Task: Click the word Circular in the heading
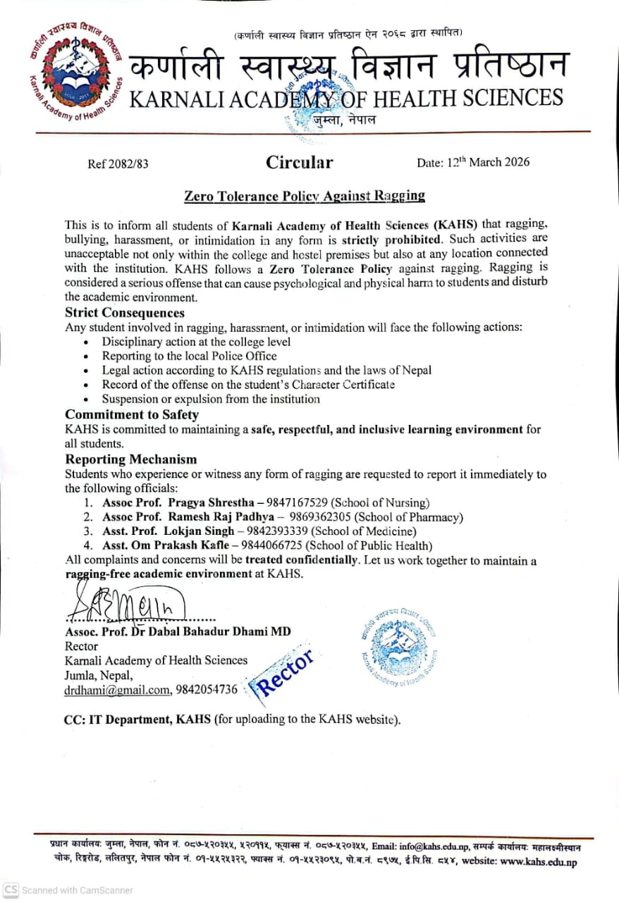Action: (x=299, y=163)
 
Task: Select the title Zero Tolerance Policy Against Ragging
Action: (x=305, y=195)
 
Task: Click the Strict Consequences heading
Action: (x=125, y=313)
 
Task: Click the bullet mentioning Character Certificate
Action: (x=248, y=385)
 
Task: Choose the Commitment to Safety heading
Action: (x=132, y=414)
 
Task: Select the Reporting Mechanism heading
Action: (x=131, y=459)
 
